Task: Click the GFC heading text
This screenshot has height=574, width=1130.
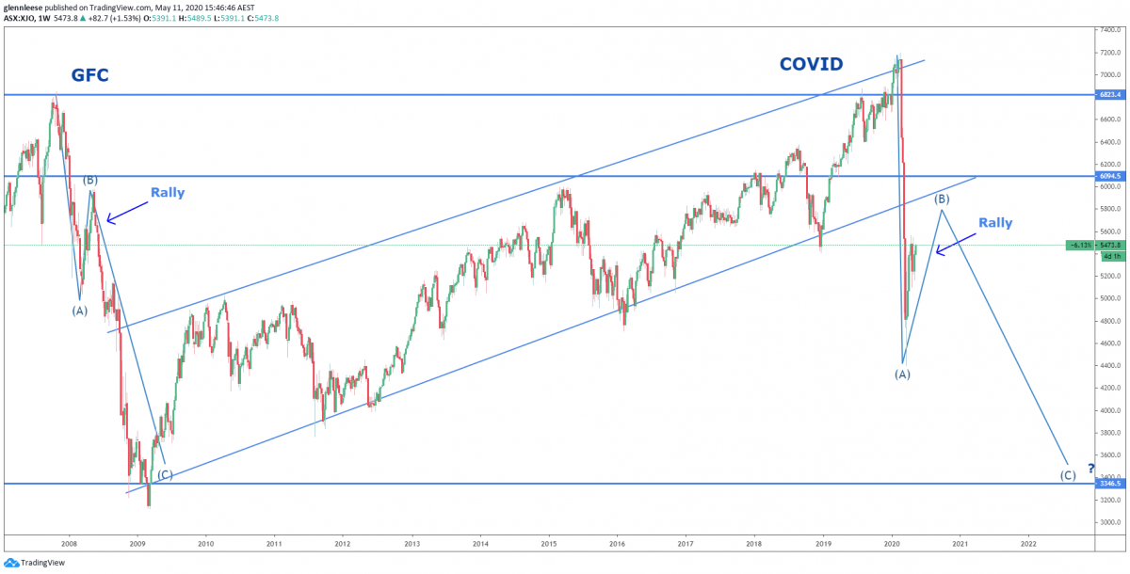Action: click(90, 75)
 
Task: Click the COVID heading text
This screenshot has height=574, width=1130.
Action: click(811, 64)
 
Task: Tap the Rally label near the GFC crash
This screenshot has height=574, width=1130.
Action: click(168, 193)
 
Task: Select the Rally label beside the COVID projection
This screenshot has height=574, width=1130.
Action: click(995, 223)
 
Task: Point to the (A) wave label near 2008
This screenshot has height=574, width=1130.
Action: click(79, 311)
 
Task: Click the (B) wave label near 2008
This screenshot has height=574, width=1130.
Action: click(90, 180)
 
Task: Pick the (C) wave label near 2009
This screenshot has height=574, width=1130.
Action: click(165, 474)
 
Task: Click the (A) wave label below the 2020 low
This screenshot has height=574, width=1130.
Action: click(902, 375)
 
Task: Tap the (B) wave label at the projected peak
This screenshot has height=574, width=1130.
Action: click(941, 199)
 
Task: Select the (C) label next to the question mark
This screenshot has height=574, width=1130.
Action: click(1068, 475)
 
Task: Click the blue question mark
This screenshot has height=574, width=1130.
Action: click(1090, 468)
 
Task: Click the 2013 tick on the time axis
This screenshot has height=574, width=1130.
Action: click(412, 543)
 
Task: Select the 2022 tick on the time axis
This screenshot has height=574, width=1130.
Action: click(1028, 543)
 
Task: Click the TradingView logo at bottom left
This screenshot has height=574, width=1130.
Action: click(34, 563)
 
